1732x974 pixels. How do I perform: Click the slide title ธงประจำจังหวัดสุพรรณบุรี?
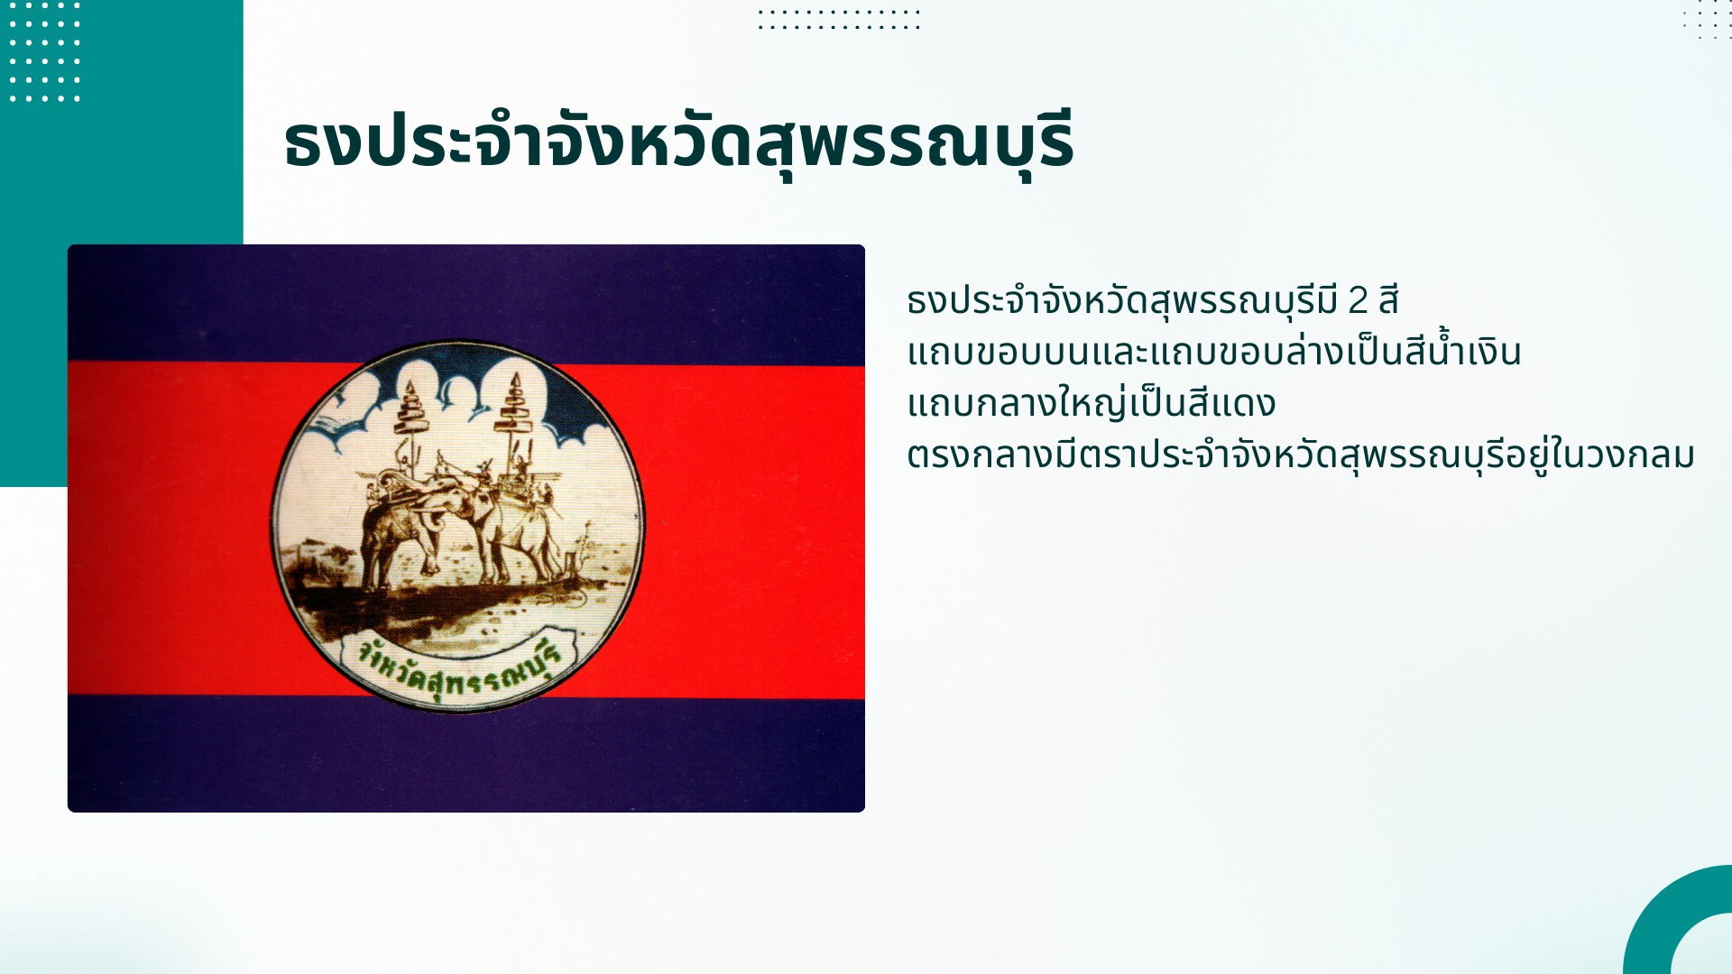pyautogui.click(x=678, y=142)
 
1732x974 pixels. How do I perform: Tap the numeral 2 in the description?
pyautogui.click(x=1358, y=300)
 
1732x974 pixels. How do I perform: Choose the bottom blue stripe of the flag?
pyautogui.click(x=466, y=754)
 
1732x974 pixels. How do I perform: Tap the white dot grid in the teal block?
pyautogui.click(x=44, y=51)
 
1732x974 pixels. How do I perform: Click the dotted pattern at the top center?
pyautogui.click(x=839, y=20)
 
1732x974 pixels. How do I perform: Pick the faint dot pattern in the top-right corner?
pyautogui.click(x=1707, y=20)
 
